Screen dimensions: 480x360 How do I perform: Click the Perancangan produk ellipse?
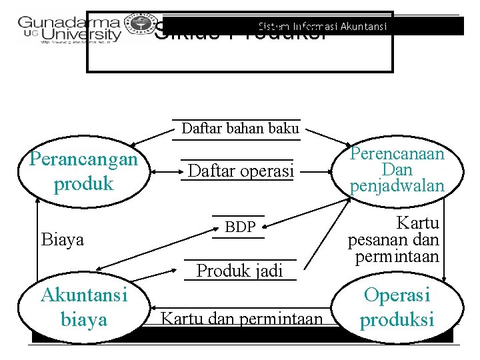pyautogui.click(x=83, y=171)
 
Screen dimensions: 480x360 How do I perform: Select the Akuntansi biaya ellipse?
pyautogui.click(x=84, y=307)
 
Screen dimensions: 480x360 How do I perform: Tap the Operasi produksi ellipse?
pyautogui.click(x=397, y=307)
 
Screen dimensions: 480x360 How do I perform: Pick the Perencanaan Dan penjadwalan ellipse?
pyautogui.click(x=397, y=170)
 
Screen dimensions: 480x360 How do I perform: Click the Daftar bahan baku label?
pyautogui.click(x=240, y=129)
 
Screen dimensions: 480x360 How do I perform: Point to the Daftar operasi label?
pyautogui.click(x=241, y=171)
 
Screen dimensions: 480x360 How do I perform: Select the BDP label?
pyautogui.click(x=240, y=227)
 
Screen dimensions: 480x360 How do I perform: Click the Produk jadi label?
pyautogui.click(x=239, y=270)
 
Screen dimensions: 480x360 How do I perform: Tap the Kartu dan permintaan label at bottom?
pyautogui.click(x=241, y=319)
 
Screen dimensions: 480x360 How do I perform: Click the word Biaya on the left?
pyautogui.click(x=63, y=239)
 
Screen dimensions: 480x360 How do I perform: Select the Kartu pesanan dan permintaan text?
pyautogui.click(x=393, y=239)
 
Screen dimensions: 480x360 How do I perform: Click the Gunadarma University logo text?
pyautogui.click(x=70, y=28)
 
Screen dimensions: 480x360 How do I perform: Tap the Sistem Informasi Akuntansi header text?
pyautogui.click(x=323, y=27)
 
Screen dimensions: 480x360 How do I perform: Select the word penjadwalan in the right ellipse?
pyautogui.click(x=397, y=185)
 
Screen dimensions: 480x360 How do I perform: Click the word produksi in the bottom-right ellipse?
pyautogui.click(x=397, y=320)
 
